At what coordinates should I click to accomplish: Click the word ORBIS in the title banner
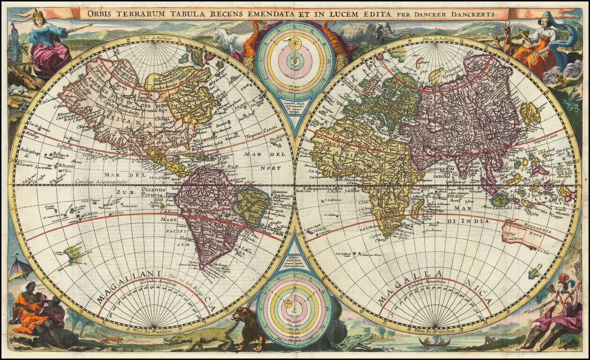click(97, 14)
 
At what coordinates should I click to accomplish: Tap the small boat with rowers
click(434, 342)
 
